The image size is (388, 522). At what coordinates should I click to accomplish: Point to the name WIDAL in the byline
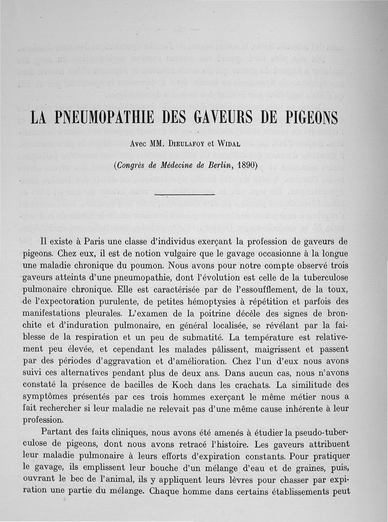pyautogui.click(x=238, y=144)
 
